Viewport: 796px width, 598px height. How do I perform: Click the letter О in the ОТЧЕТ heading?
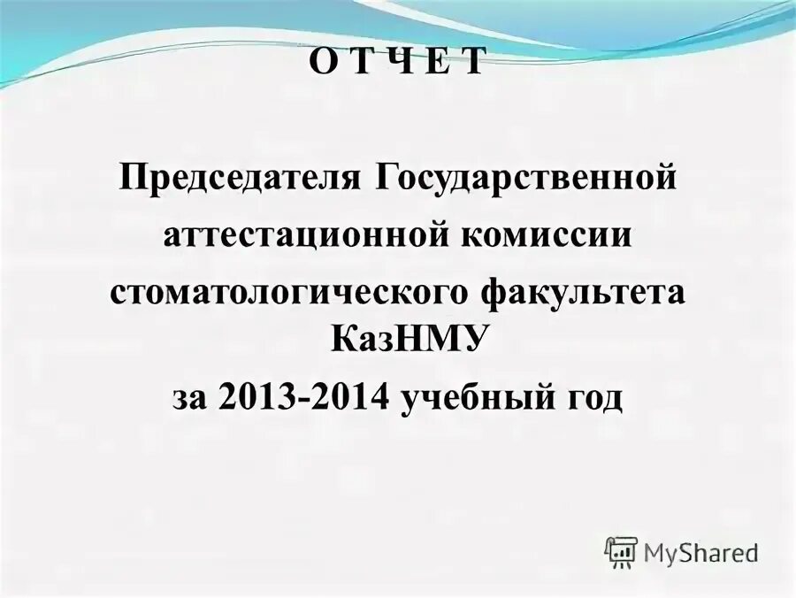point(321,62)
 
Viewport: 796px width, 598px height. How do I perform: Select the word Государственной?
point(526,178)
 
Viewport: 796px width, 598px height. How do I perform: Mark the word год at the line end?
point(593,397)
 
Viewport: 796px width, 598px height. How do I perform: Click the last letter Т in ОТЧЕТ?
point(474,62)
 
